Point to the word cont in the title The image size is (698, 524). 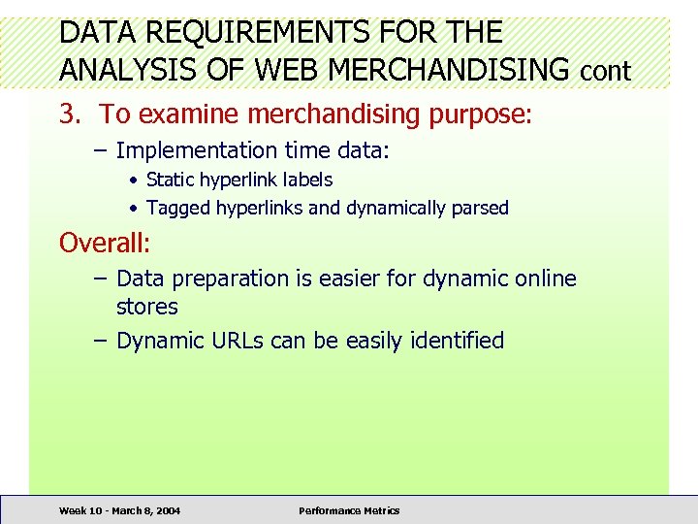[605, 71]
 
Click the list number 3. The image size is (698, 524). [69, 115]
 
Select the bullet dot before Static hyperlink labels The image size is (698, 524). [135, 180]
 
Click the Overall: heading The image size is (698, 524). [105, 242]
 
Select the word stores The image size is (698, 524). [147, 307]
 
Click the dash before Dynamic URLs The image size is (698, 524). [103, 341]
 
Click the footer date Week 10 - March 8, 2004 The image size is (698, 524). [119, 510]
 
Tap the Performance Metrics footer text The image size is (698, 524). [349, 510]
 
